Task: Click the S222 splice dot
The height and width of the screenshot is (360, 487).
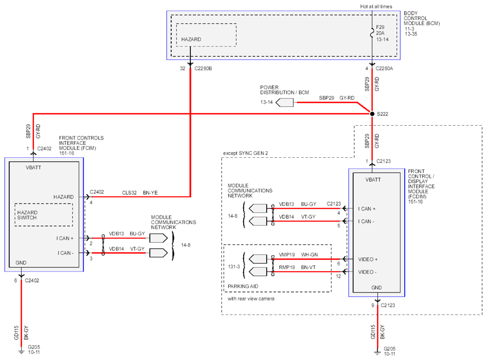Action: pos(372,113)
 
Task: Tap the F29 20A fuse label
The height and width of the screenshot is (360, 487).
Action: pos(380,30)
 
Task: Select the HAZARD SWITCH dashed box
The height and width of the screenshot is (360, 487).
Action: pos(44,214)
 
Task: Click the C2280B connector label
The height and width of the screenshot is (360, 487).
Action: pos(203,68)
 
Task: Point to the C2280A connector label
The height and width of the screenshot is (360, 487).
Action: pos(384,68)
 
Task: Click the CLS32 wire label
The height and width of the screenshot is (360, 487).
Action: pos(129,193)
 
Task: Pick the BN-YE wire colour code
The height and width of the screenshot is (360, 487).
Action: pos(150,193)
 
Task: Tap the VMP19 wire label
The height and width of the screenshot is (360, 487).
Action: pos(287,255)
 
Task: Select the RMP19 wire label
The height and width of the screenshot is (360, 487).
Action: pos(287,267)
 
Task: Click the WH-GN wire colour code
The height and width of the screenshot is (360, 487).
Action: pos(309,255)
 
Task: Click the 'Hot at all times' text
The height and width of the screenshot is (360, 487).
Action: pos(376,7)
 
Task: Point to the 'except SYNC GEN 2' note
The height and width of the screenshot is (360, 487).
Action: pos(246,153)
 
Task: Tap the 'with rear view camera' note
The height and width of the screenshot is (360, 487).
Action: pos(251,299)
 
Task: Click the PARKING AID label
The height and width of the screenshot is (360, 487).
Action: pos(243,286)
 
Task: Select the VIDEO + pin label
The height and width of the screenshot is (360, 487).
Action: pos(368,260)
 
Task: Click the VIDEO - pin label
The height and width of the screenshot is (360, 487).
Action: pos(367,272)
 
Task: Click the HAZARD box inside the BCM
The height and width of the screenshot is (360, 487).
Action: pos(206,35)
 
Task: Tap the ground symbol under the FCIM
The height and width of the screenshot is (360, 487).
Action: pos(21,351)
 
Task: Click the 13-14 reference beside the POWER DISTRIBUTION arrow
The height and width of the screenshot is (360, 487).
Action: pos(267,102)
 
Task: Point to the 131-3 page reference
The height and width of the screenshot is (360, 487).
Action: pos(234,267)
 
